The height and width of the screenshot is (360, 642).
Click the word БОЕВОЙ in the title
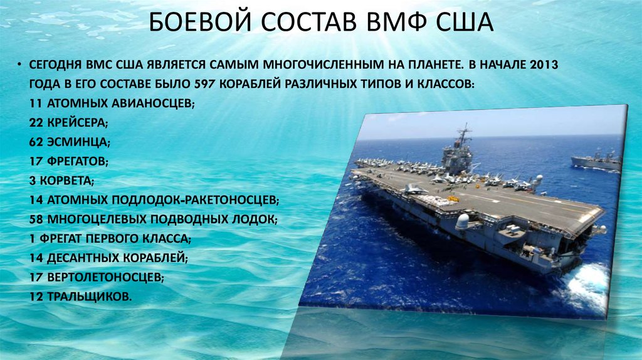(200, 22)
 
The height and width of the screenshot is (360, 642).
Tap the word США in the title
(464, 22)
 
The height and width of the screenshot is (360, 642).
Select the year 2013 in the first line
(544, 65)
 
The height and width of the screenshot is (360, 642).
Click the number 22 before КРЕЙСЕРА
(36, 122)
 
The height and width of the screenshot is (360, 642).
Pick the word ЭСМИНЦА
(77, 142)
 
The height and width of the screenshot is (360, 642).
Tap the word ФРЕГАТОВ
(76, 161)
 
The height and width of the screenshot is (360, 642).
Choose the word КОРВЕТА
(66, 181)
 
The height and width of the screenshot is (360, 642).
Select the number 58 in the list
(36, 219)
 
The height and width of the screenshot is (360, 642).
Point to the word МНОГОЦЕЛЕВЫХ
(97, 220)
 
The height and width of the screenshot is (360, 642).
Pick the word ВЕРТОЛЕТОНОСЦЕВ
(104, 277)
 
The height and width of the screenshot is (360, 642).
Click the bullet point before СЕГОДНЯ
(19, 65)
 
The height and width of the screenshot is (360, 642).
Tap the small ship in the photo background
(596, 161)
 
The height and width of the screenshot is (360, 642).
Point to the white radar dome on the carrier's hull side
(462, 222)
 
